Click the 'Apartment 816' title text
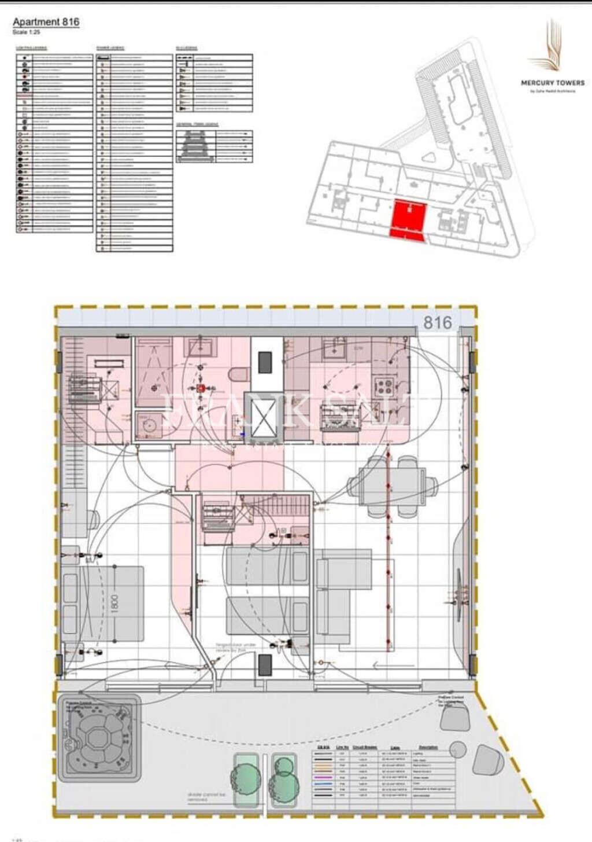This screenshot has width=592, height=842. (x=46, y=22)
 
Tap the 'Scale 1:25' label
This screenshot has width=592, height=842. (x=27, y=32)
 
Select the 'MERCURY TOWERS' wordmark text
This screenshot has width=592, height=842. (x=553, y=83)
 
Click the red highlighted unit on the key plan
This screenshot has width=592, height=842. (x=409, y=219)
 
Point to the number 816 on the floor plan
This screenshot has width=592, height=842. (x=438, y=322)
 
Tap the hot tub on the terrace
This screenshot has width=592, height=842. (x=98, y=735)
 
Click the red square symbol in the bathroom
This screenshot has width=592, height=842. (x=201, y=388)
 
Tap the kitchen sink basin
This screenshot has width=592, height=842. (x=334, y=349)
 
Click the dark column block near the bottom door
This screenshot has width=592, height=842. (x=265, y=665)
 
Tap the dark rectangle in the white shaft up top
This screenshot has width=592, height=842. (x=265, y=362)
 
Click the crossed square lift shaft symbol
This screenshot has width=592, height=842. (x=260, y=417)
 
